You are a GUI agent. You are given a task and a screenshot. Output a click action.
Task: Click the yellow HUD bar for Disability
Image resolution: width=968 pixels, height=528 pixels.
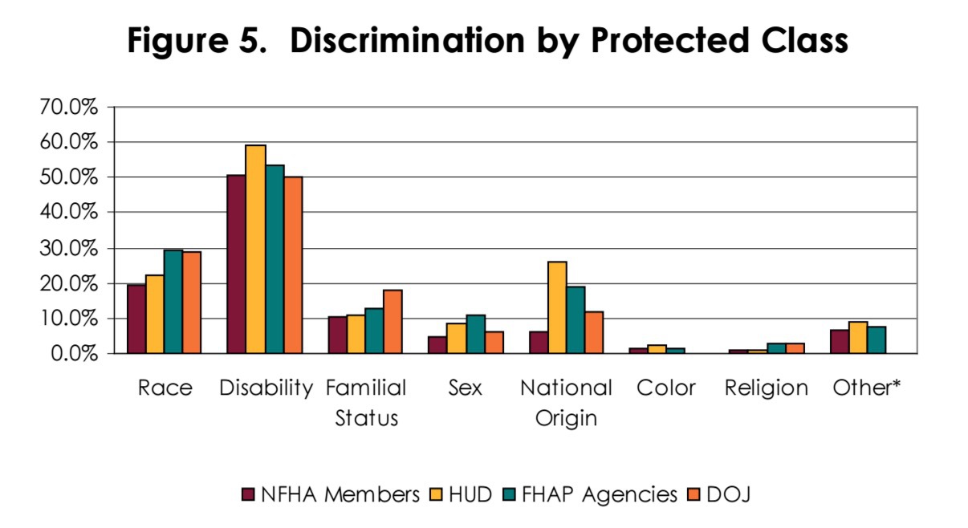pos(255,249)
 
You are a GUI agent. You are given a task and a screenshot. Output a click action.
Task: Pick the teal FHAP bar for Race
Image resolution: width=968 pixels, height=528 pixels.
pos(173,301)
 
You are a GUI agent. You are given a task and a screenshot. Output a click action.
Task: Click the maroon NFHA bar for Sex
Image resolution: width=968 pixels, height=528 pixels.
pos(437,345)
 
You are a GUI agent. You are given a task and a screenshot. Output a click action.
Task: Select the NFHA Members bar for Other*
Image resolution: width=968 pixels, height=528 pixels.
pos(839,342)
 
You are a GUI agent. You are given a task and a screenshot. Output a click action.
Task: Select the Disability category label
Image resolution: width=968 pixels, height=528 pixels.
pos(266,388)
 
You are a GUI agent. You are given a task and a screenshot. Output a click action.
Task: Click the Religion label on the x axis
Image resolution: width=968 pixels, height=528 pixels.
pos(766,388)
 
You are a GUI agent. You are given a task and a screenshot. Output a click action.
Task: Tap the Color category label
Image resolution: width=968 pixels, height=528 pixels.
pos(665,388)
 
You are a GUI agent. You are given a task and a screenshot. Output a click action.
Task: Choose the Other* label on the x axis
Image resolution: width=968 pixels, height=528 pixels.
pos(867,388)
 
